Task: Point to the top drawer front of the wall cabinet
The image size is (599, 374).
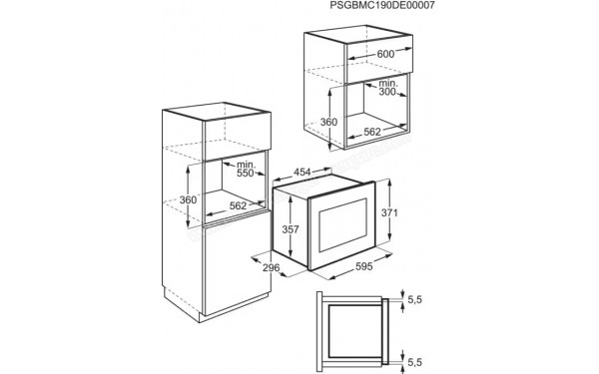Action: (379, 57)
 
